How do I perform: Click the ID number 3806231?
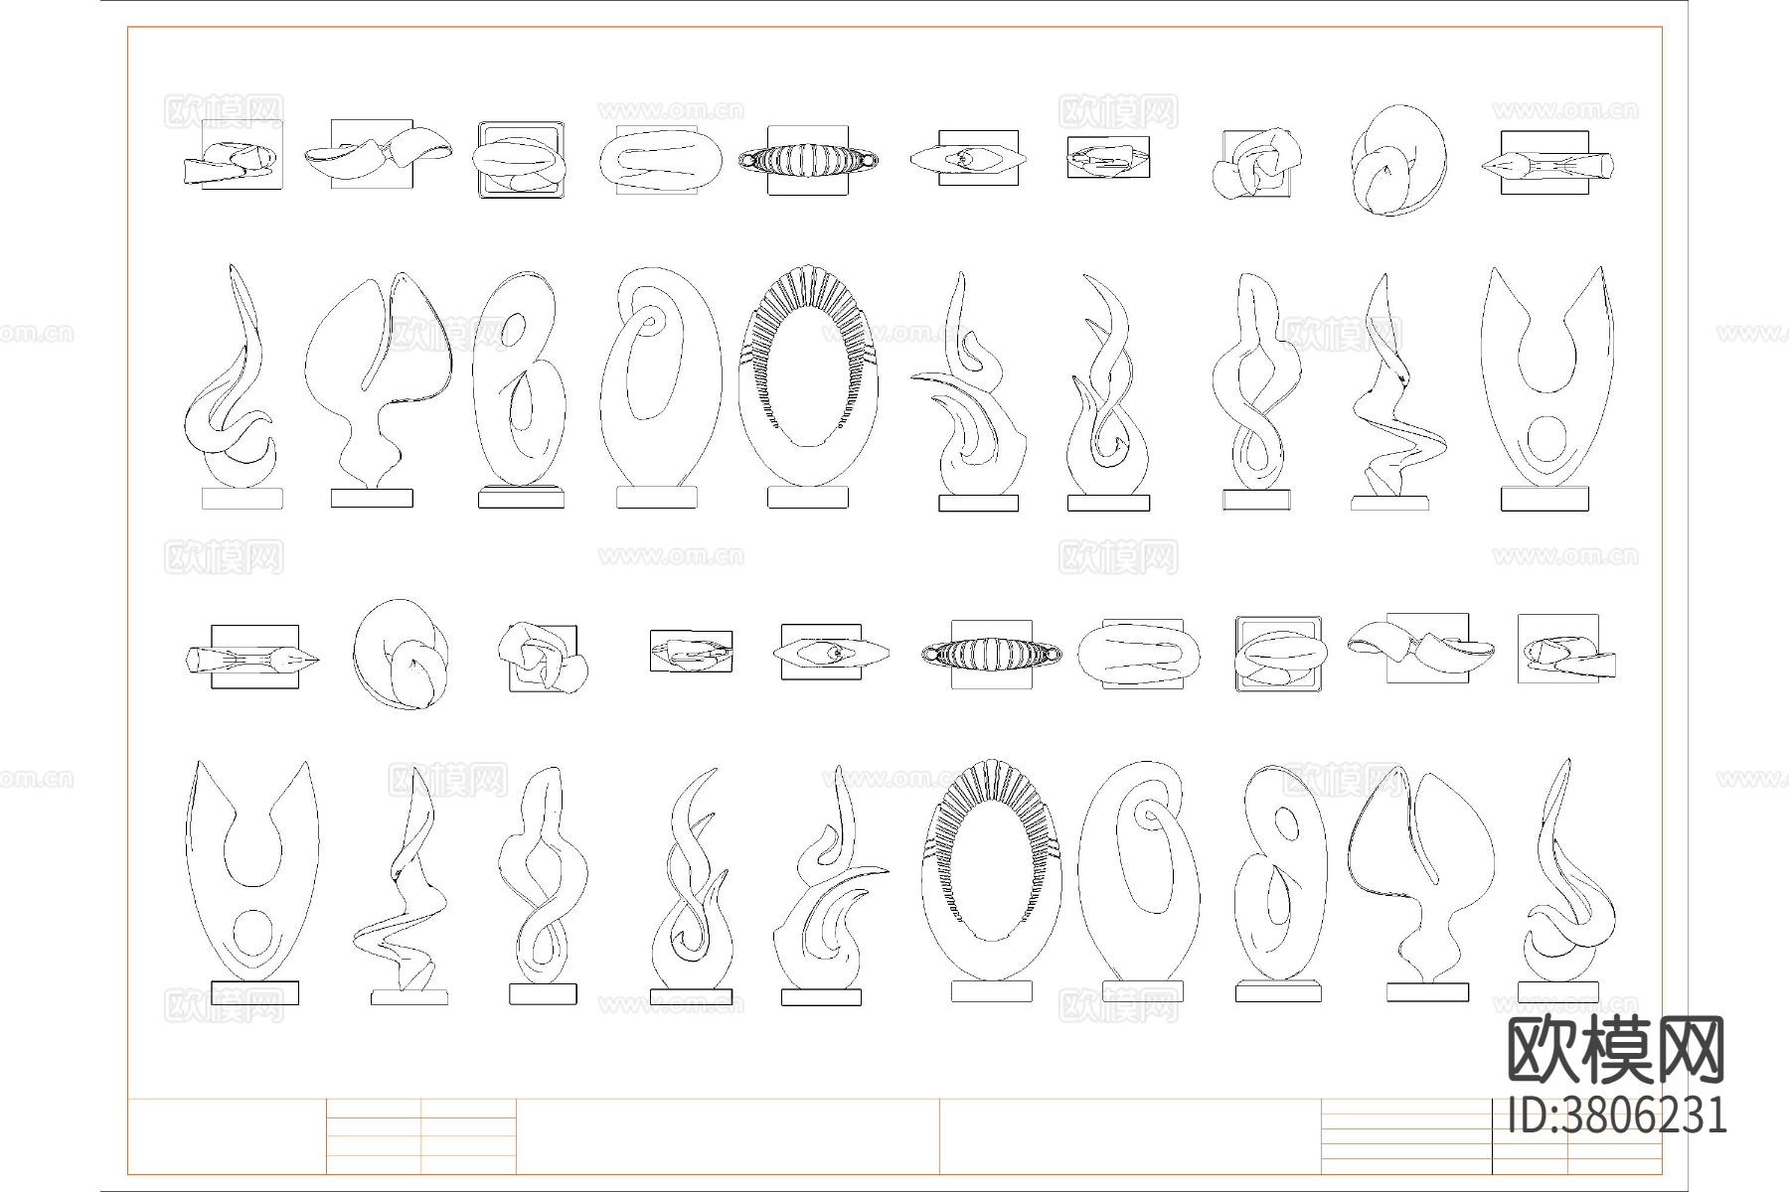1618,1115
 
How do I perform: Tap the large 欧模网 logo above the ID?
1617,1051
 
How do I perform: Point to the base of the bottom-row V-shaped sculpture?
254,992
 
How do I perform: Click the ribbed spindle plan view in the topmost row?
808,159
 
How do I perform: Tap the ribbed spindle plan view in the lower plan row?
991,653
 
